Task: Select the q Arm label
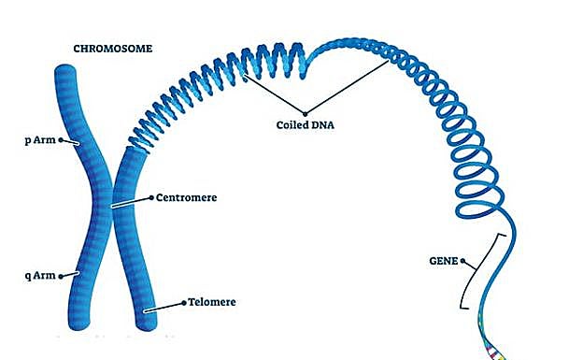point(38,276)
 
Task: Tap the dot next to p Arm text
point(60,141)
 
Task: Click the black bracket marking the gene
point(478,271)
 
